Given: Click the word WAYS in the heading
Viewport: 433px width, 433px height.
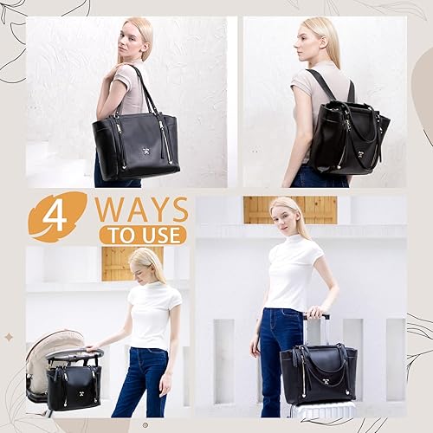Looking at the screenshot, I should pos(141,210).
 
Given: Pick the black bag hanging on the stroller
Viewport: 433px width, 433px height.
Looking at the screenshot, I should pos(74,385).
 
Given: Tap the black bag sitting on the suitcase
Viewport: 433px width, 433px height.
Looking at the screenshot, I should pos(318,373).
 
